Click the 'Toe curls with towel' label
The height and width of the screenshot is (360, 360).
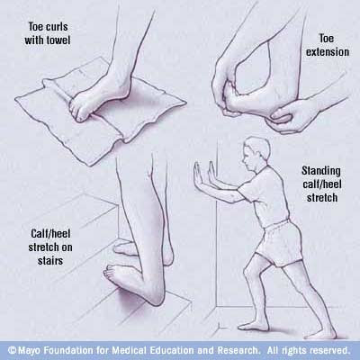[x=48, y=33]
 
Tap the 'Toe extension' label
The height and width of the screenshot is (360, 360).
[x=328, y=45]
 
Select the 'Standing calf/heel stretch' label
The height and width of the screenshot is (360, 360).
[x=321, y=184]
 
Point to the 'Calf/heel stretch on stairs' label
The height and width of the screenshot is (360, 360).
[x=50, y=247]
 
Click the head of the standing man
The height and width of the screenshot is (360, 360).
[x=256, y=153]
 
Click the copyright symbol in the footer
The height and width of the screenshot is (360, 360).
[x=12, y=350]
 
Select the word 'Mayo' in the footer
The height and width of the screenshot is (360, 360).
[x=30, y=350]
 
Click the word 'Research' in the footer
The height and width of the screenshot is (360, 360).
[x=238, y=350]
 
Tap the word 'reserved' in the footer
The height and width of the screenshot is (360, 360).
[x=329, y=350]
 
